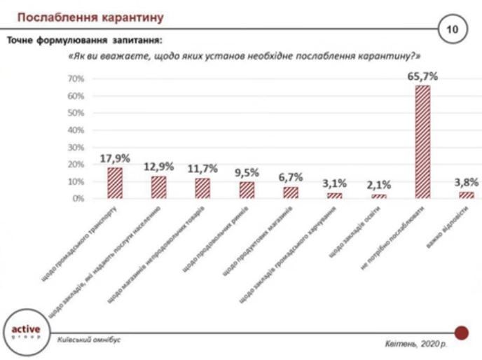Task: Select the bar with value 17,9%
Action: point(114,183)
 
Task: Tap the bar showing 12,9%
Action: point(158,187)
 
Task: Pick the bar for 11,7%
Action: point(202,188)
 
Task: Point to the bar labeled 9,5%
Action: point(247,190)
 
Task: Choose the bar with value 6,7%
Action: point(291,192)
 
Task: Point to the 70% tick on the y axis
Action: point(76,79)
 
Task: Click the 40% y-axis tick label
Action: point(76,130)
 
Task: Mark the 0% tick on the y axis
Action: point(78,199)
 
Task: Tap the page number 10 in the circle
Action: point(449,30)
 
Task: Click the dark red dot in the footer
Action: point(461,331)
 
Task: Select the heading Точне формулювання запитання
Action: point(88,41)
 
